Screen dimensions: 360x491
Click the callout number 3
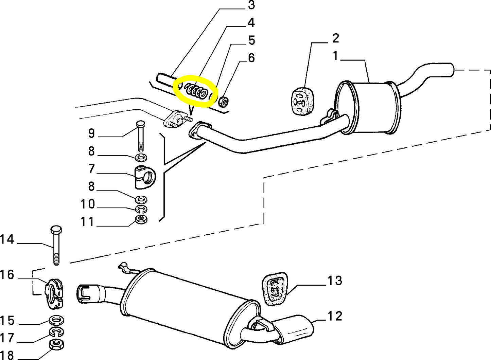251,5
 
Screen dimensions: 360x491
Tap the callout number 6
251,58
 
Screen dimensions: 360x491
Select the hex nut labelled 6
223,101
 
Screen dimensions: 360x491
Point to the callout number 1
336,55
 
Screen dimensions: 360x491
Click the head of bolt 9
141,124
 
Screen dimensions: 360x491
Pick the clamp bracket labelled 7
145,177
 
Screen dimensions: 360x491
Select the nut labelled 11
141,219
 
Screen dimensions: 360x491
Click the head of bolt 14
56,230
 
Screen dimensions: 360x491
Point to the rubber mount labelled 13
275,289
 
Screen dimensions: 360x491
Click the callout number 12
335,316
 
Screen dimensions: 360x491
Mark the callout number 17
7,338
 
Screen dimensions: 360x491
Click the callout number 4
251,23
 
